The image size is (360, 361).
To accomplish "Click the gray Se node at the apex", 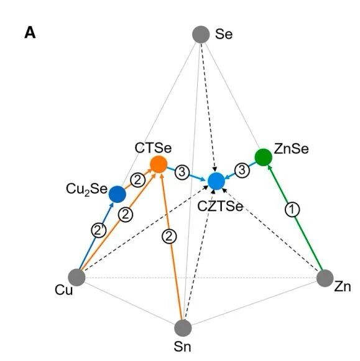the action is pyautogui.click(x=201, y=34).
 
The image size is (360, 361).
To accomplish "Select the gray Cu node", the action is pyautogui.click(x=77, y=278).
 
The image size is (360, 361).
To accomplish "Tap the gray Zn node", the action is pyautogui.click(x=325, y=278).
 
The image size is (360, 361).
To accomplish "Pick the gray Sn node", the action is pyautogui.click(x=183, y=328).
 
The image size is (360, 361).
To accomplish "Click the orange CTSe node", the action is pyautogui.click(x=159, y=164).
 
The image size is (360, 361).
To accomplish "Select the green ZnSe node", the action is pyautogui.click(x=264, y=157).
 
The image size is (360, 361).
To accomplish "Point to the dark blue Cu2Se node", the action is pyautogui.click(x=118, y=194).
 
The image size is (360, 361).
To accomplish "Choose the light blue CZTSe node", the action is pyautogui.click(x=216, y=181).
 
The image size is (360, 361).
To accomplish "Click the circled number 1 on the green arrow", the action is pyautogui.click(x=292, y=210).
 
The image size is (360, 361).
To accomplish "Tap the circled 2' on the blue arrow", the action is pyautogui.click(x=99, y=230).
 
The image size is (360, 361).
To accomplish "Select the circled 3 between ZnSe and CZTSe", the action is pyautogui.click(x=242, y=171).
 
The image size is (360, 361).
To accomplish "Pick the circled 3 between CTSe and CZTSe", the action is pyautogui.click(x=182, y=172).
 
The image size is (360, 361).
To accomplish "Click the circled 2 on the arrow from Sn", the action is pyautogui.click(x=169, y=237).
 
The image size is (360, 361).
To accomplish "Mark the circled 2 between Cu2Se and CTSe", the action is pyautogui.click(x=138, y=180).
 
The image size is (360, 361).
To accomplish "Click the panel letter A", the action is pyautogui.click(x=30, y=33).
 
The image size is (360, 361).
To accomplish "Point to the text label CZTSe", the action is pyautogui.click(x=220, y=206).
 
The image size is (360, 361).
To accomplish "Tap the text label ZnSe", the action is pyautogui.click(x=291, y=149).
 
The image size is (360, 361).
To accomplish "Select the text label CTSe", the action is pyautogui.click(x=153, y=148).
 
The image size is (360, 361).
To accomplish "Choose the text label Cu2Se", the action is pyautogui.click(x=86, y=189).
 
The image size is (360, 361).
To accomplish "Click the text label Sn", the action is pyautogui.click(x=182, y=347).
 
